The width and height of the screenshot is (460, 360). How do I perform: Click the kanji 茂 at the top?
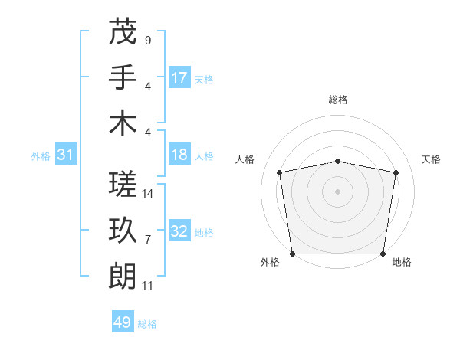[x=123, y=31]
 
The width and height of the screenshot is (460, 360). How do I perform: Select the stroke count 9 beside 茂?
[x=147, y=40]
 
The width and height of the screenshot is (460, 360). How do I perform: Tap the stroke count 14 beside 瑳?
[x=149, y=194]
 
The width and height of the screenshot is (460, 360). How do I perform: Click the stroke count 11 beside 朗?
[x=148, y=286]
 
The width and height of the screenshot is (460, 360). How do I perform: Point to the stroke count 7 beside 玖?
[x=147, y=240]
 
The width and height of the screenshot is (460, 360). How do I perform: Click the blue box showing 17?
[x=179, y=77]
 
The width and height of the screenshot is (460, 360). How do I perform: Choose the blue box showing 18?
[x=179, y=155]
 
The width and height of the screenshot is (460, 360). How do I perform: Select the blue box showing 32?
[x=179, y=232]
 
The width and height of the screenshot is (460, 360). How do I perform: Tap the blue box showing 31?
[x=65, y=155]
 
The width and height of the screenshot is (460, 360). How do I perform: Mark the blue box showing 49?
[x=123, y=322]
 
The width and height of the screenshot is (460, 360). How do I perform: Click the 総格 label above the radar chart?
[x=338, y=100]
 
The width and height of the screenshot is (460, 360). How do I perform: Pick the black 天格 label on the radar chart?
[x=431, y=159]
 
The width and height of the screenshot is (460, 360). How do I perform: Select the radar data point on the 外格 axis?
[x=292, y=254]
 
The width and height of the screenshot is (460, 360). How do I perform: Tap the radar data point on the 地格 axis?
[x=383, y=254]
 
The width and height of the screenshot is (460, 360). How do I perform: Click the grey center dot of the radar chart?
[x=338, y=191]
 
